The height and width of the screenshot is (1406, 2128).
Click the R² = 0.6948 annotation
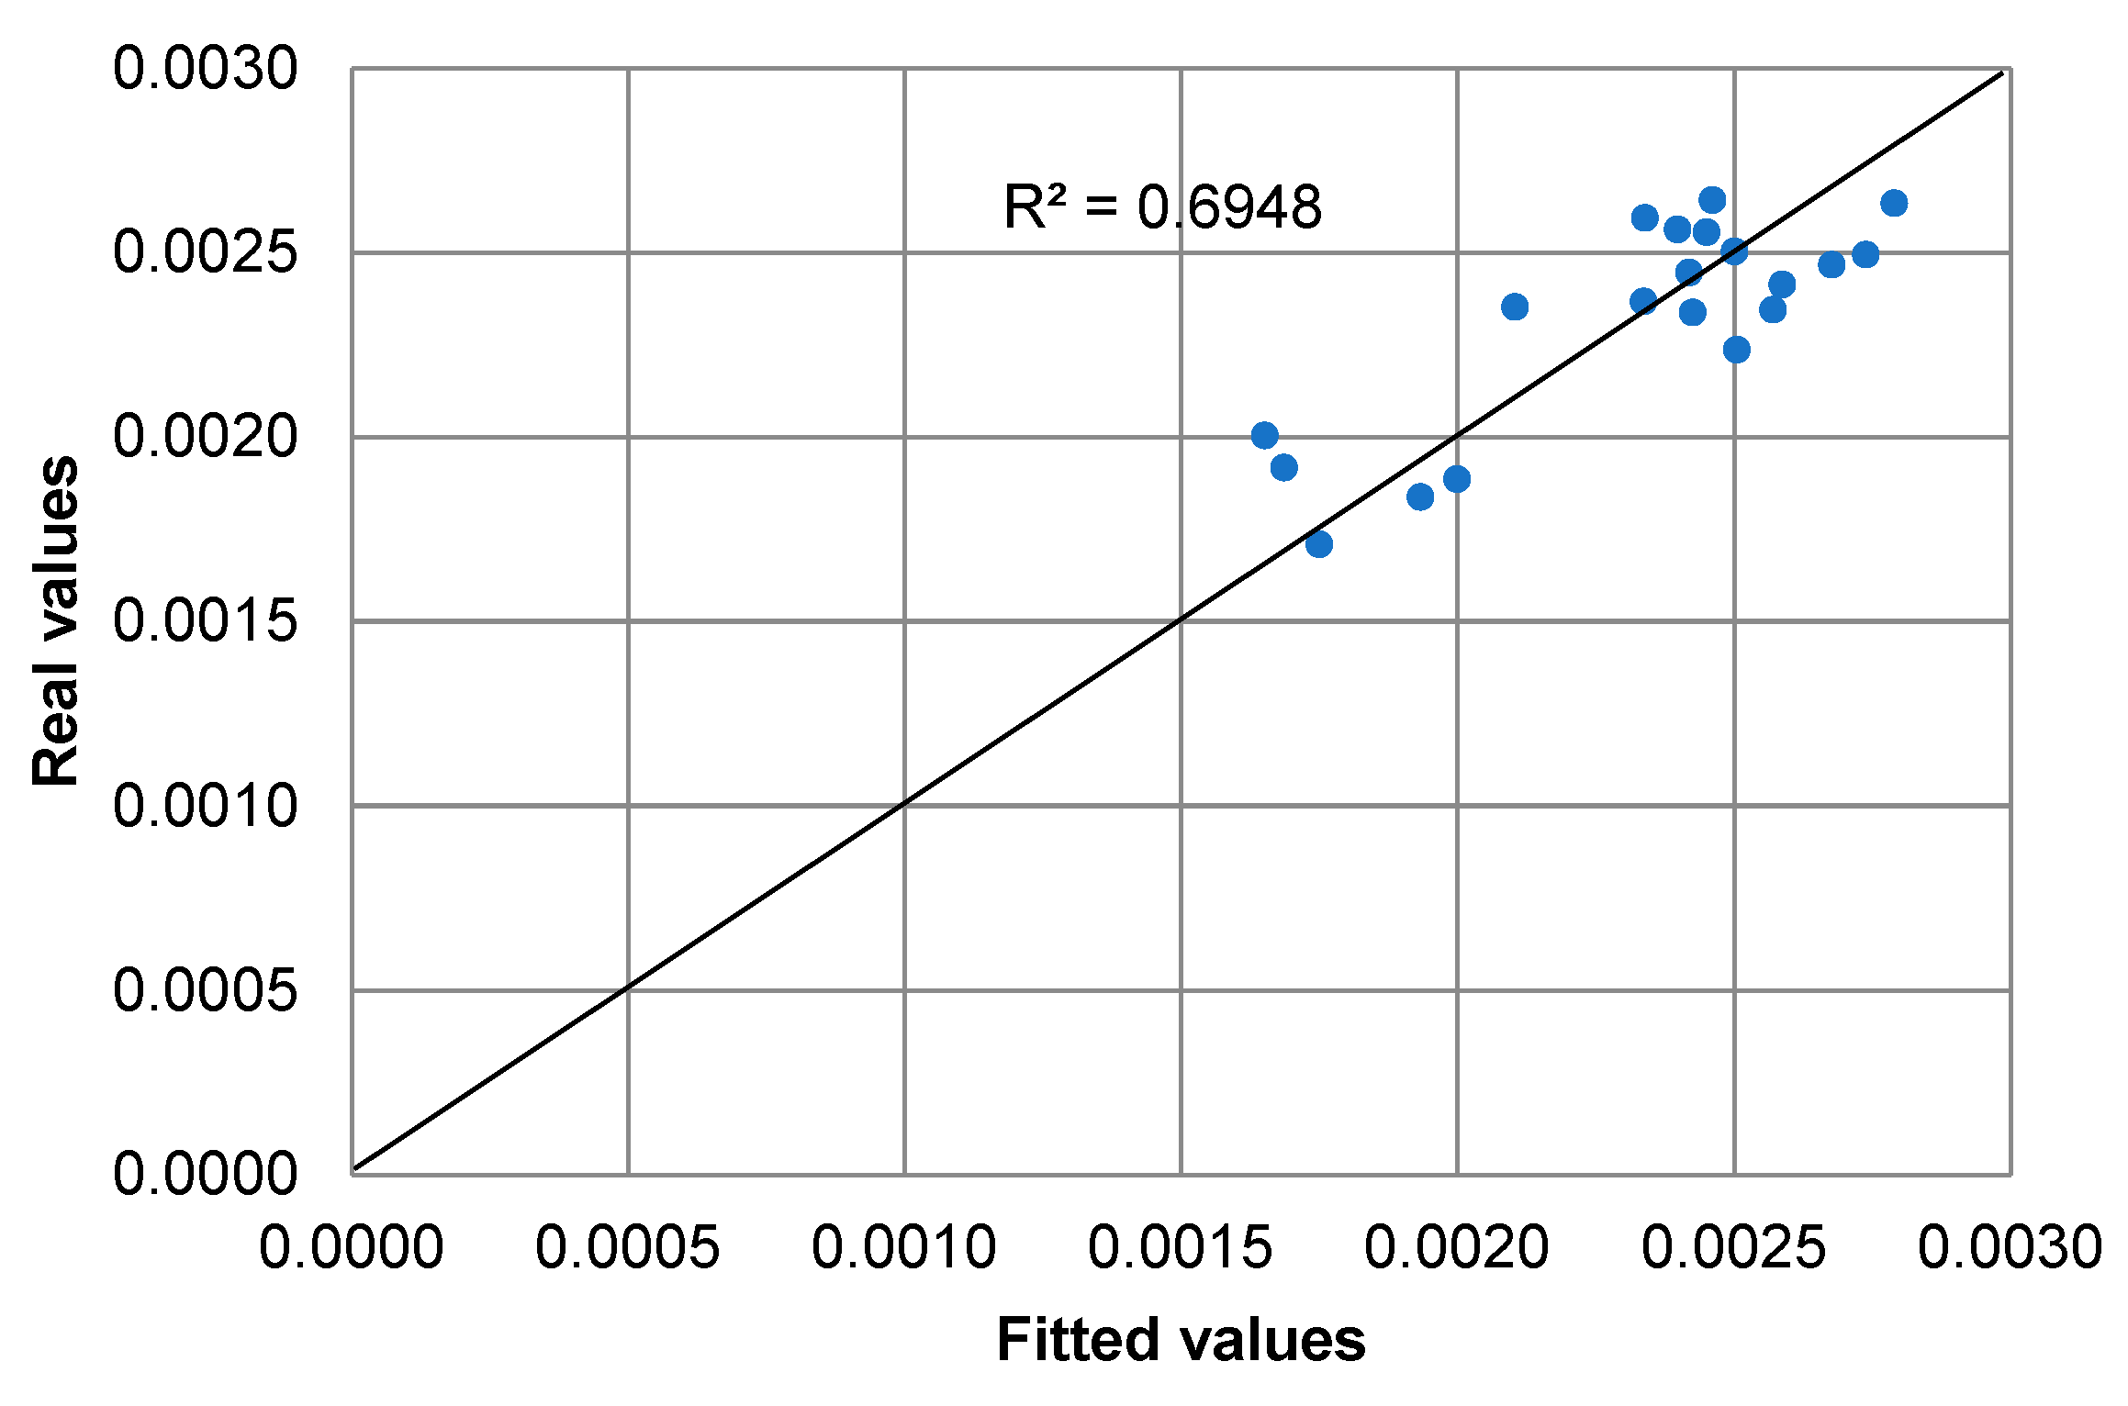coord(1161,207)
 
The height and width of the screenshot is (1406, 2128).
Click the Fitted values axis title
coord(1181,1340)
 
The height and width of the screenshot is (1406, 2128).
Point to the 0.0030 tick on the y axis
coord(206,69)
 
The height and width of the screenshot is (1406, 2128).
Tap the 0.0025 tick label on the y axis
coord(206,252)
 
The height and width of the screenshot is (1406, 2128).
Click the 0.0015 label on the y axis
coord(206,621)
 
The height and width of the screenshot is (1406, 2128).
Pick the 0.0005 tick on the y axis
coord(206,990)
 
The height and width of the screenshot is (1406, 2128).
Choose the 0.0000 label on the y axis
coord(206,1173)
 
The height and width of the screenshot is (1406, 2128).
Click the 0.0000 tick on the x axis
coord(352,1248)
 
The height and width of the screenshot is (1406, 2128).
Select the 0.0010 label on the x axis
coord(904,1248)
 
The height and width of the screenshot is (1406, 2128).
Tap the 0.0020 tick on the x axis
coord(1457,1248)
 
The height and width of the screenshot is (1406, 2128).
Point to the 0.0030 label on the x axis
coord(2010,1248)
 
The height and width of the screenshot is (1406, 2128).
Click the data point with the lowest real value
coord(1319,544)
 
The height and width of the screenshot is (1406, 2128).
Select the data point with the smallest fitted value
coord(1265,435)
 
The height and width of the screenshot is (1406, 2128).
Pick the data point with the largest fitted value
coord(1894,203)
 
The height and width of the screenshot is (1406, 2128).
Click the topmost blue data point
coord(1712,200)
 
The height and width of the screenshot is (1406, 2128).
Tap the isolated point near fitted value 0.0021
coord(1515,307)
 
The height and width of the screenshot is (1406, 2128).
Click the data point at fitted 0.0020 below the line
coord(1457,479)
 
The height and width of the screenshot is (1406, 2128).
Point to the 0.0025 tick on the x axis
coord(1734,1248)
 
